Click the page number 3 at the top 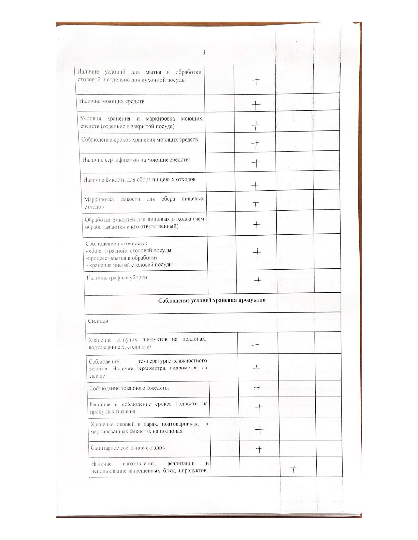pyautogui.click(x=204, y=52)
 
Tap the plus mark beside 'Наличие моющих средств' pyautogui.click(x=256, y=105)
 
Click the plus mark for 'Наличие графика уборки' pyautogui.click(x=258, y=280)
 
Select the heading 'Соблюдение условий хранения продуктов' pyautogui.click(x=212, y=300)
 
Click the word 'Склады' pyautogui.click(x=98, y=321)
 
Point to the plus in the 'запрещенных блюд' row pyautogui.click(x=293, y=469)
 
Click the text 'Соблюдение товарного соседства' pyautogui.click(x=130, y=388)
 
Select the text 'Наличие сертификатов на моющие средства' pyautogui.click(x=136, y=160)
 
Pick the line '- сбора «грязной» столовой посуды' pyautogui.click(x=129, y=251)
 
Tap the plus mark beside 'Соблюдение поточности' pyautogui.click(x=258, y=253)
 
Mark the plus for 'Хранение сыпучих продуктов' pyautogui.click(x=256, y=344)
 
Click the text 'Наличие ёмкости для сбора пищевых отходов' pyautogui.click(x=139, y=179)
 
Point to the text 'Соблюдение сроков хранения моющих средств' pyautogui.click(x=140, y=140)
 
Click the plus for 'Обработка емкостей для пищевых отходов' pyautogui.click(x=257, y=225)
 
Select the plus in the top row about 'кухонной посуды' pyautogui.click(x=257, y=81)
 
